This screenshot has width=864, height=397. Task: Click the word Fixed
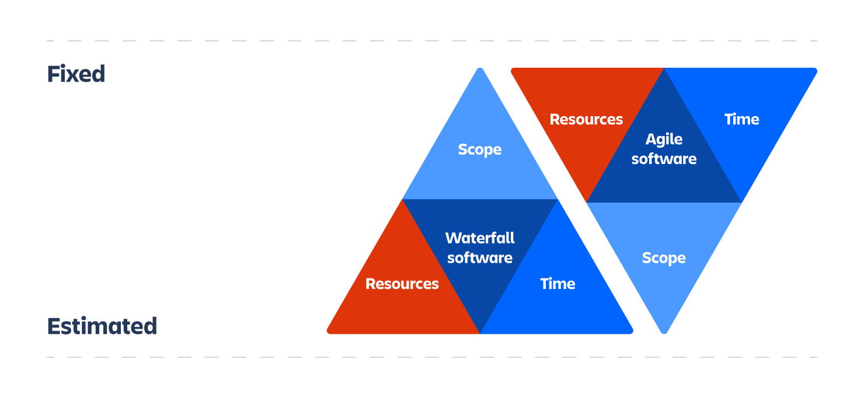76,75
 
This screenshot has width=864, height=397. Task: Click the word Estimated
102,326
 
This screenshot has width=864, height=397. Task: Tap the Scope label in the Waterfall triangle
480,149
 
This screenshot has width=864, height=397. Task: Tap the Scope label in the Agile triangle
664,258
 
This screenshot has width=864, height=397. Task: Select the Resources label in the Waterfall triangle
402,284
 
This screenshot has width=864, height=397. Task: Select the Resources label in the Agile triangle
586,119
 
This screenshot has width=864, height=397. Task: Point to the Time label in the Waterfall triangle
558,284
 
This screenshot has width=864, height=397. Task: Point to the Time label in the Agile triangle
741,119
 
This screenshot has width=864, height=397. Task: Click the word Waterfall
480,238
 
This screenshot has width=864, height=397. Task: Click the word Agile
664,140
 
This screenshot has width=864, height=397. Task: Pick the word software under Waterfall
480,258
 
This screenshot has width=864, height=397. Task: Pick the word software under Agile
664,159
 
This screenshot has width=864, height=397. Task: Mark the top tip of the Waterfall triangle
480,69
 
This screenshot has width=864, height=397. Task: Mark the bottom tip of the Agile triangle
664,332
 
